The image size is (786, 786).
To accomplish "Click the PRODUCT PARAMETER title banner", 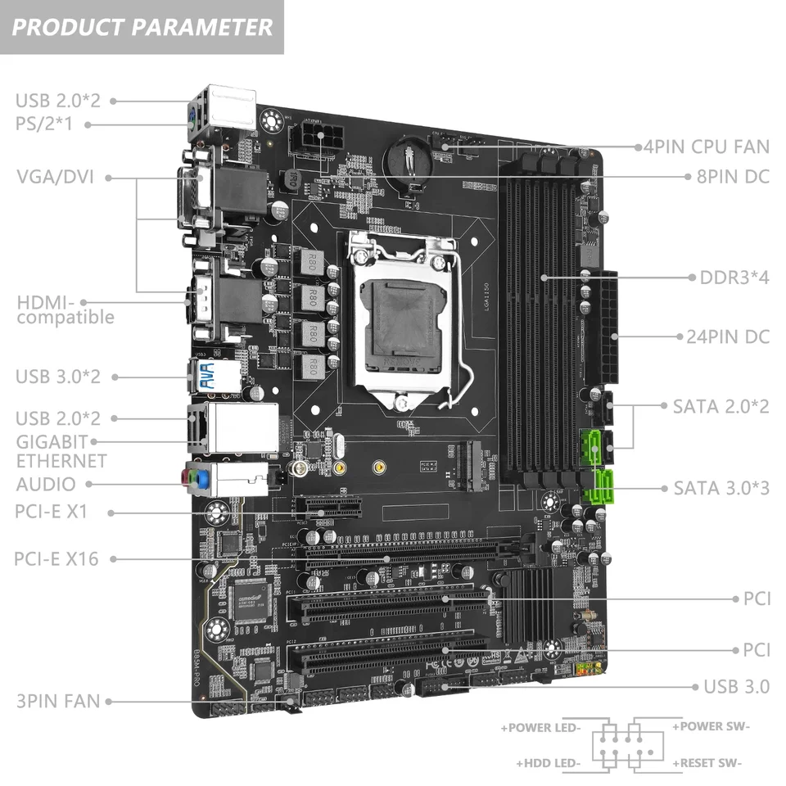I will (x=142, y=27).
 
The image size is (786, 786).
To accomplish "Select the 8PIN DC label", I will (x=731, y=175).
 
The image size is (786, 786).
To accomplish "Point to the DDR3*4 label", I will (x=734, y=277).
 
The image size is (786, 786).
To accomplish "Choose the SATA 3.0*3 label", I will (x=721, y=488).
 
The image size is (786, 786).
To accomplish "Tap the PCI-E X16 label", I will (x=56, y=559).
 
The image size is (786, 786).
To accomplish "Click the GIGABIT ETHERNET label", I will (x=61, y=451).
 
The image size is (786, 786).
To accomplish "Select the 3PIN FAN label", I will (x=57, y=701).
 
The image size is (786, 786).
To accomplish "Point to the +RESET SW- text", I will (x=707, y=763).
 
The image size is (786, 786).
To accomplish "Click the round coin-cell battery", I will (x=409, y=159).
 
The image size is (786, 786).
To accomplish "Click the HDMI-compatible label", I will (x=65, y=310).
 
